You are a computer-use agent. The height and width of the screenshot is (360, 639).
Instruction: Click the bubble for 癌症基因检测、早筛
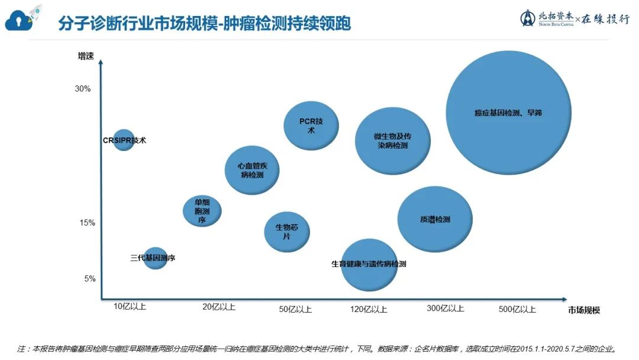(x=508, y=112)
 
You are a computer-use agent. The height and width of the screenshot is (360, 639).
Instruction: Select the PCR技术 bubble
(x=311, y=126)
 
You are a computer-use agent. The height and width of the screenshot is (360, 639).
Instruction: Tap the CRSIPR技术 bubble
(x=124, y=140)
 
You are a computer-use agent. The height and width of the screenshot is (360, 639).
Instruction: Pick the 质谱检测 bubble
(x=435, y=219)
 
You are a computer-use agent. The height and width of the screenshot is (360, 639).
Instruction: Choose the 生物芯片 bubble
(x=286, y=232)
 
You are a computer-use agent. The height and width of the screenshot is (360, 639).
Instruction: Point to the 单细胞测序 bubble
(x=202, y=211)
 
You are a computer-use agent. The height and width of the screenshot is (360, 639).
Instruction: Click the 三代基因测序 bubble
(x=155, y=258)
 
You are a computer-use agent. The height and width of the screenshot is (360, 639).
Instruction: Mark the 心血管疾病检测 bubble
(x=252, y=171)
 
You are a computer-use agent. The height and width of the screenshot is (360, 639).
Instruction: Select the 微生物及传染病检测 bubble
(x=392, y=141)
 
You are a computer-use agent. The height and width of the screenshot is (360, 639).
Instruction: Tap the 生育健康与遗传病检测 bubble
(x=369, y=265)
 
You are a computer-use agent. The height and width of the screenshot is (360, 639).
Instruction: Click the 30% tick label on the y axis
(x=82, y=89)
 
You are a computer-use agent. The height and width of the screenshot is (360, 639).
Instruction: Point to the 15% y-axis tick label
(x=87, y=223)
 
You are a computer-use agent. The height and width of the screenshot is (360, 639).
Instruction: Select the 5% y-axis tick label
(x=89, y=279)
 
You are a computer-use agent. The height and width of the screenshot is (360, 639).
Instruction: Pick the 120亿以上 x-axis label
(x=369, y=308)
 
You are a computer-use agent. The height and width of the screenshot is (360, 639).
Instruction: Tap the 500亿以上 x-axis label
(x=517, y=308)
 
